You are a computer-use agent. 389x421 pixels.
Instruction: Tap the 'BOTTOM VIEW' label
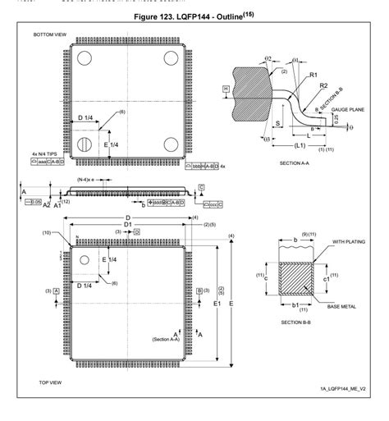(50, 35)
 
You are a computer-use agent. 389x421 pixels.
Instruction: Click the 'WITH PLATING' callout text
(349, 242)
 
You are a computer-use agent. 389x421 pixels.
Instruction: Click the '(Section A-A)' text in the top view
(166, 339)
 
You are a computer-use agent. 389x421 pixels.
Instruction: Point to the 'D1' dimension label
(127, 224)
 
